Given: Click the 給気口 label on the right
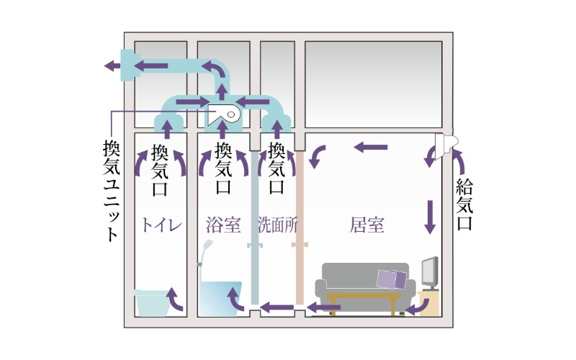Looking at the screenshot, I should pos(464,204).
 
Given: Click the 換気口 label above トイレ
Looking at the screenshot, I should pos(161,171).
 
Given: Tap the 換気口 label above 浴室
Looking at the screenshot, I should pos(223,171).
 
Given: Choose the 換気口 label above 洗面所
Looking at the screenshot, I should pos(276,171).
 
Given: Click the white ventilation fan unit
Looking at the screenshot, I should pos(225,114).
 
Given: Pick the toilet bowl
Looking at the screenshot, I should pos(154,302).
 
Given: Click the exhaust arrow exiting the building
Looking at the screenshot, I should pos(112,66).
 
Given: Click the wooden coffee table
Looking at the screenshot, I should pos(364,299).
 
